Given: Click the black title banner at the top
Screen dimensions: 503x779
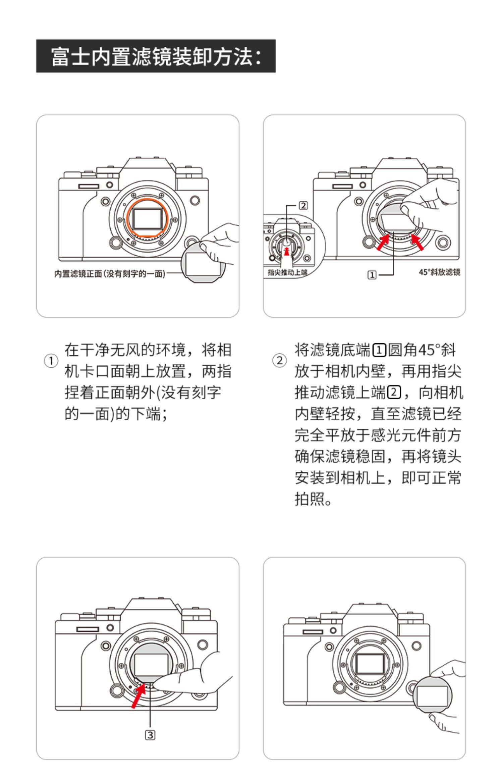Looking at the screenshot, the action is pos(156,56).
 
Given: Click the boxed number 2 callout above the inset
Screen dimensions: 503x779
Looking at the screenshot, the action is pos(303,205).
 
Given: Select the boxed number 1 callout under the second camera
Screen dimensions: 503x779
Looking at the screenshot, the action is pos(372,275).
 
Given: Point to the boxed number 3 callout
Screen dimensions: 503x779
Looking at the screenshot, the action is pos(150,735).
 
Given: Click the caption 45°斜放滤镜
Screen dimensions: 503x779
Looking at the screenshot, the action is pos(439,272).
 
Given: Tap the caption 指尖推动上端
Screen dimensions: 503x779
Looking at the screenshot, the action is pos(287,272).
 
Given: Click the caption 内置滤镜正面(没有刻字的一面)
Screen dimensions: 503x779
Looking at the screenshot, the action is pos(110,274).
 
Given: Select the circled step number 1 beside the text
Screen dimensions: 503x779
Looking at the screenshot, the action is pos(51,361).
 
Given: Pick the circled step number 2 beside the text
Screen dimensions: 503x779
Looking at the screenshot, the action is pos(279,361).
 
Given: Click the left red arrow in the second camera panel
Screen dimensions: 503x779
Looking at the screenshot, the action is pos(383,243).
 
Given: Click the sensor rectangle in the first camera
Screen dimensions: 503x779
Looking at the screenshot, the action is pos(147,219).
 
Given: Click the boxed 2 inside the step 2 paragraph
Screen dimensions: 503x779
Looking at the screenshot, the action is pos(394,393).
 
